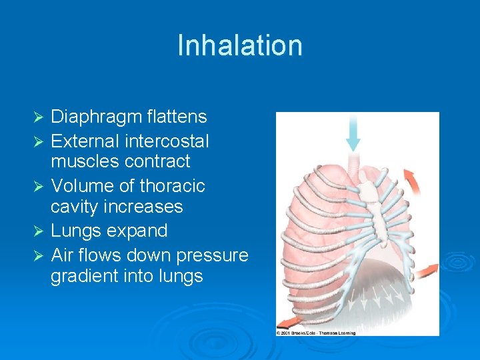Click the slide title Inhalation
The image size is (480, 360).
[240, 45]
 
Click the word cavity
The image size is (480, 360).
[76, 207]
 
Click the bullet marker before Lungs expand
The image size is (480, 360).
[38, 231]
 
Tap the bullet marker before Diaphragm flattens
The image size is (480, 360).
[38, 118]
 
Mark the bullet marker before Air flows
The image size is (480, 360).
[38, 255]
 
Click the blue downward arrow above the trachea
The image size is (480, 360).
[353, 133]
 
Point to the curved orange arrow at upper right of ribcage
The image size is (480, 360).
[413, 179]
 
